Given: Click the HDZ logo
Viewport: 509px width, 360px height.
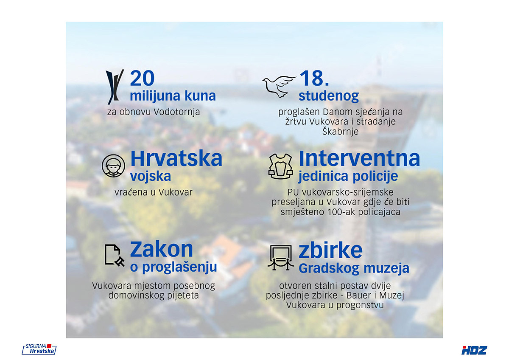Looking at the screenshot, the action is (474, 350).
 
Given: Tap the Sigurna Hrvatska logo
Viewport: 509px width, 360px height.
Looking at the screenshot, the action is (39, 349).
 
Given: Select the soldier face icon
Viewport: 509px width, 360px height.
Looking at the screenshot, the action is (113, 166).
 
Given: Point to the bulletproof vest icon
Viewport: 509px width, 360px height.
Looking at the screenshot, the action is (280, 166).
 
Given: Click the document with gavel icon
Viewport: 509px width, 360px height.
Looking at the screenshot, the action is (114, 256).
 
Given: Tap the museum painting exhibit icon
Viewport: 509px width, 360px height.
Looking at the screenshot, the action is (281, 258).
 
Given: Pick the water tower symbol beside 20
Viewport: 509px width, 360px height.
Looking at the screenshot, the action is (115, 87).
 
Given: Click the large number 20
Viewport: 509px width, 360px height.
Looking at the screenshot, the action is (142, 78).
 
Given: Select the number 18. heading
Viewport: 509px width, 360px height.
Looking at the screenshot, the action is (314, 78).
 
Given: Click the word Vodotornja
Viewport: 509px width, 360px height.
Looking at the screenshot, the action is (176, 112).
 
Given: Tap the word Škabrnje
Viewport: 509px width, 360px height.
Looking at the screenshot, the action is (340, 132).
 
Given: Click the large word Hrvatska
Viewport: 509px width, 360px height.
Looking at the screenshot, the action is (176, 158).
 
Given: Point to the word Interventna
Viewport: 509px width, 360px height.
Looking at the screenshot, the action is (359, 158).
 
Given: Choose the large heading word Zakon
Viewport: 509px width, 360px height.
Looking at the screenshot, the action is (161, 249).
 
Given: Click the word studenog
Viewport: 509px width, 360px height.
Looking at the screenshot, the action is (329, 96).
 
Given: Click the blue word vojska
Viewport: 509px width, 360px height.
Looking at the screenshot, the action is (151, 176).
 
